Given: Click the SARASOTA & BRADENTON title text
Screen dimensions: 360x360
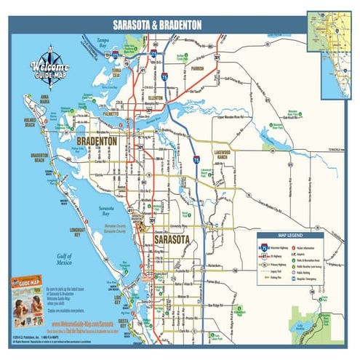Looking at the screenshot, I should [x=153, y=25].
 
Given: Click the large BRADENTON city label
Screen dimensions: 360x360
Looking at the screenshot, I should [x=96, y=141].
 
